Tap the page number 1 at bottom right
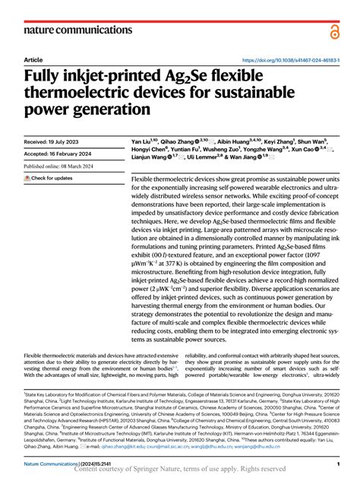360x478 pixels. point(336,463)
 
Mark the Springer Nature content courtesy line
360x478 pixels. point(180,471)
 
